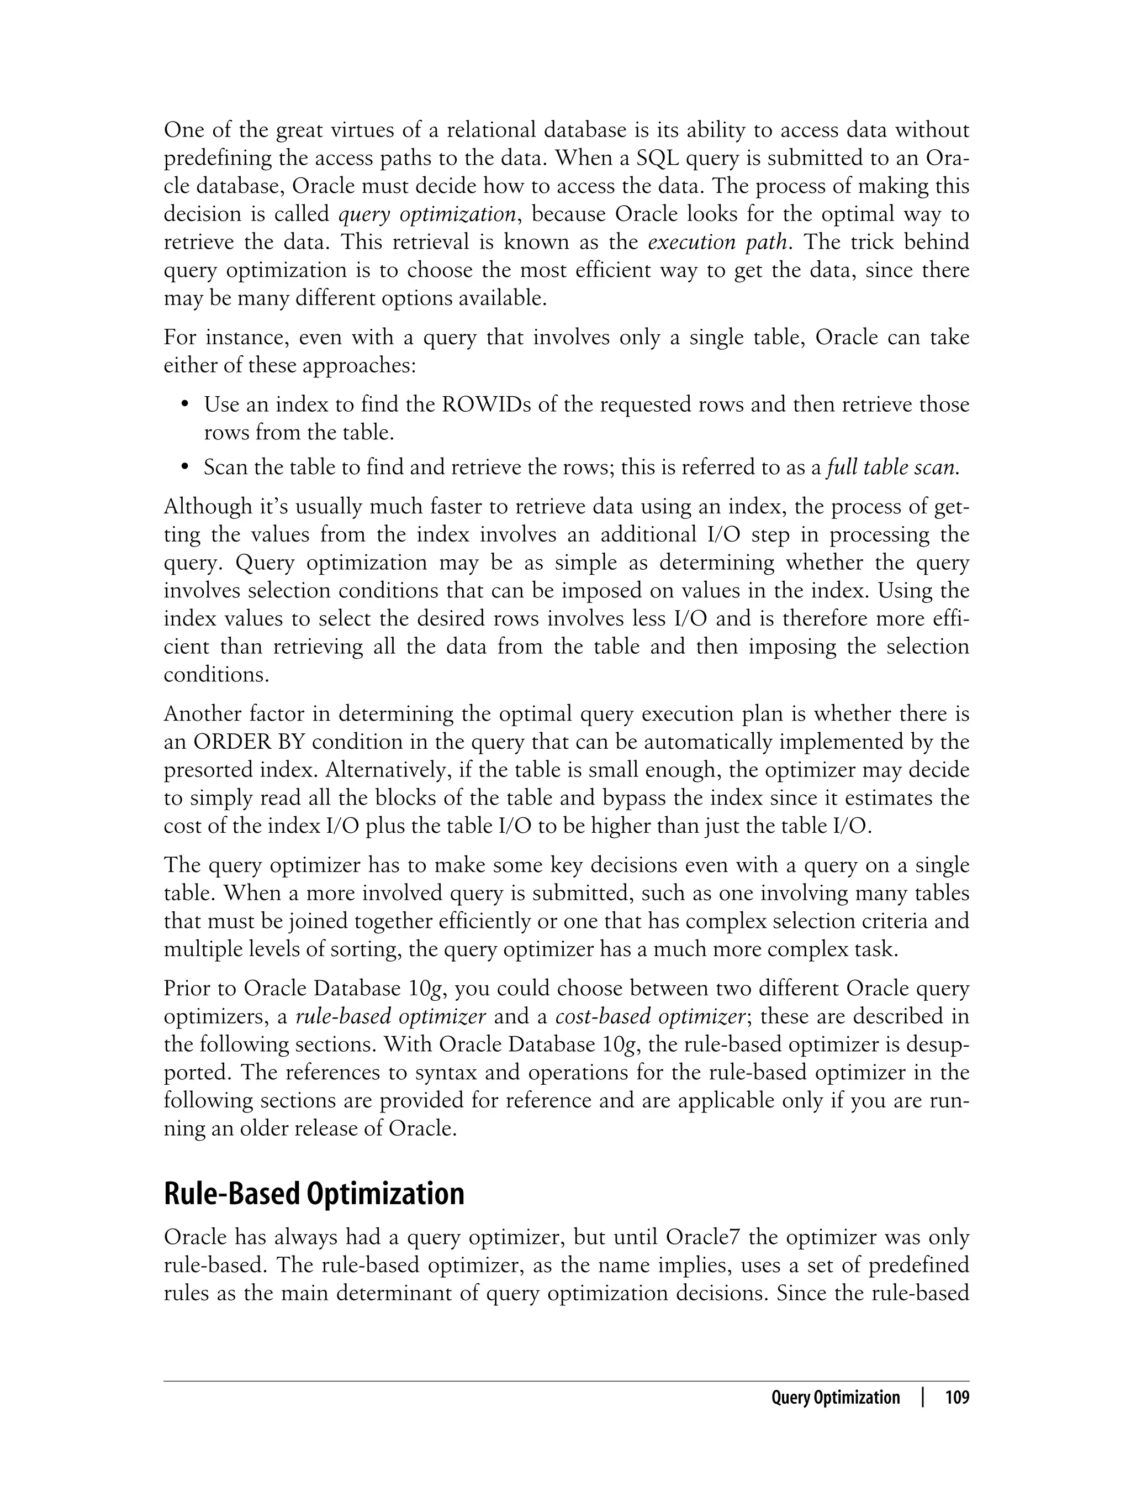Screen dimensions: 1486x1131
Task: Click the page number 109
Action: click(x=956, y=1398)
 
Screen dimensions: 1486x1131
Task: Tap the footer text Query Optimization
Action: click(x=835, y=1398)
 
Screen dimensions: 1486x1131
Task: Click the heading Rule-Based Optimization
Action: click(x=314, y=1194)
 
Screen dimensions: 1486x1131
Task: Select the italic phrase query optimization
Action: click(x=426, y=214)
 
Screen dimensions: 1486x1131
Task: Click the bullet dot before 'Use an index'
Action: click(x=185, y=405)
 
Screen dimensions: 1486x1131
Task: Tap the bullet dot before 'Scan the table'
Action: click(x=185, y=468)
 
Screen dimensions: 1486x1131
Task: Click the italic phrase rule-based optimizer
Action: click(x=390, y=1016)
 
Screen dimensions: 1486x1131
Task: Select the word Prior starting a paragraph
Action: click(x=186, y=988)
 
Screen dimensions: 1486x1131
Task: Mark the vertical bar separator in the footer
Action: click(x=923, y=1398)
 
